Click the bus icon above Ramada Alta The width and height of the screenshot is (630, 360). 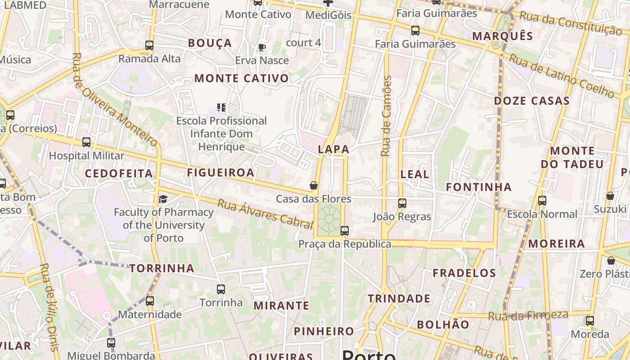click(149, 45)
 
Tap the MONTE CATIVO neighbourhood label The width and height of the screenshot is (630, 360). click(241, 78)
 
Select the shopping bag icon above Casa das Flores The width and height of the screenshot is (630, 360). click(314, 185)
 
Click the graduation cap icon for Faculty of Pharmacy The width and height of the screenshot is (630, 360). click(163, 199)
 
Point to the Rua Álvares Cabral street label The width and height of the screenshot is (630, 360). click(265, 213)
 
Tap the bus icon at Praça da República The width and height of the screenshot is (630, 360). click(345, 231)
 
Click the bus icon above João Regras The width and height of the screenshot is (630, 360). click(402, 203)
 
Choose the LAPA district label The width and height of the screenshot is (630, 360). click(333, 149)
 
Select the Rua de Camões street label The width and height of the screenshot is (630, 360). click(387, 116)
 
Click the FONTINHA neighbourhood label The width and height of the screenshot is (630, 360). click(479, 187)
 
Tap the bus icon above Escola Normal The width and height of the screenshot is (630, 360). click(542, 201)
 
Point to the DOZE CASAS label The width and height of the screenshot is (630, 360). click(532, 101)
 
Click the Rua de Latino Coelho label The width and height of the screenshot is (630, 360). click(562, 76)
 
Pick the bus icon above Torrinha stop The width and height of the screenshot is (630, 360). click(221, 289)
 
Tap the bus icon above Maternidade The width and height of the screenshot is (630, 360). click(150, 301)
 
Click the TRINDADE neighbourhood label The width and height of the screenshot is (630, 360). click(399, 299)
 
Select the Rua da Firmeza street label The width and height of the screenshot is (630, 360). click(528, 315)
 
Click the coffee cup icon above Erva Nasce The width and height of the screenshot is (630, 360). click(262, 47)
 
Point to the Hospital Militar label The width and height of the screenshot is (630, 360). click(86, 156)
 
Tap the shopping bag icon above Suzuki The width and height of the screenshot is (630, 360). click(610, 196)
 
